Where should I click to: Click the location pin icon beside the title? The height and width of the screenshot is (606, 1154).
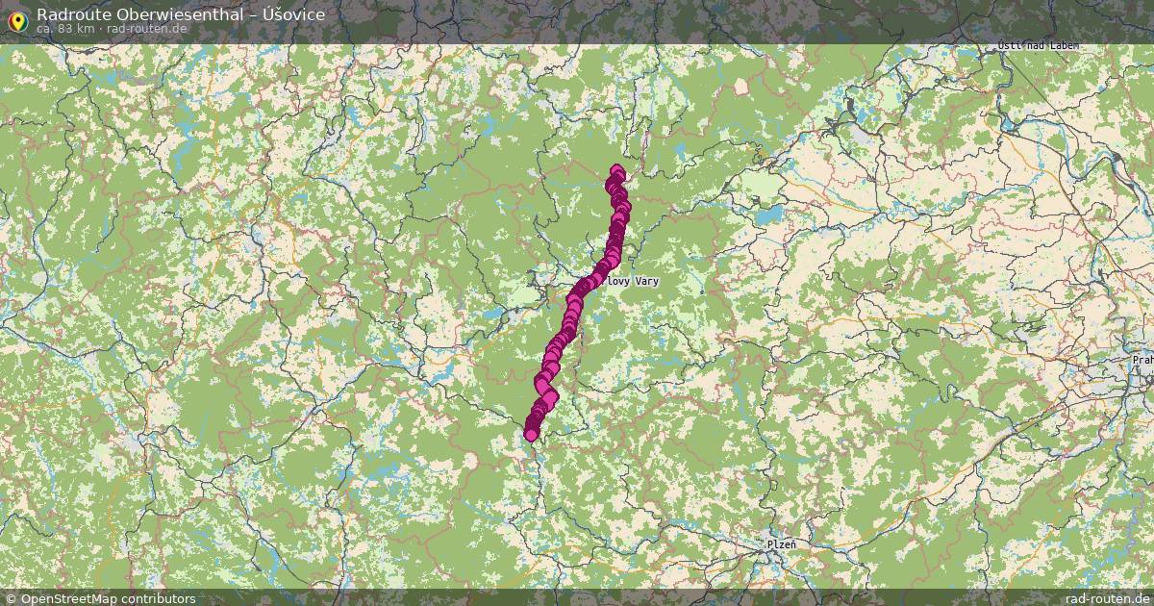click(16, 18)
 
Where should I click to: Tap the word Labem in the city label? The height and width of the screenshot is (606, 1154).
click(1061, 46)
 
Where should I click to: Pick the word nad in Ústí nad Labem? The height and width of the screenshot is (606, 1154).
click(1033, 46)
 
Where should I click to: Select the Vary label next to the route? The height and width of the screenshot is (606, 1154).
click(646, 281)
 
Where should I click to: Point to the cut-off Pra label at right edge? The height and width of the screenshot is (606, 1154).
click(1142, 360)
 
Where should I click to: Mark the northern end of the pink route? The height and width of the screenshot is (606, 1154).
click(616, 172)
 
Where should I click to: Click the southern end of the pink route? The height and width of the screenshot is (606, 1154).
click(531, 435)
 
